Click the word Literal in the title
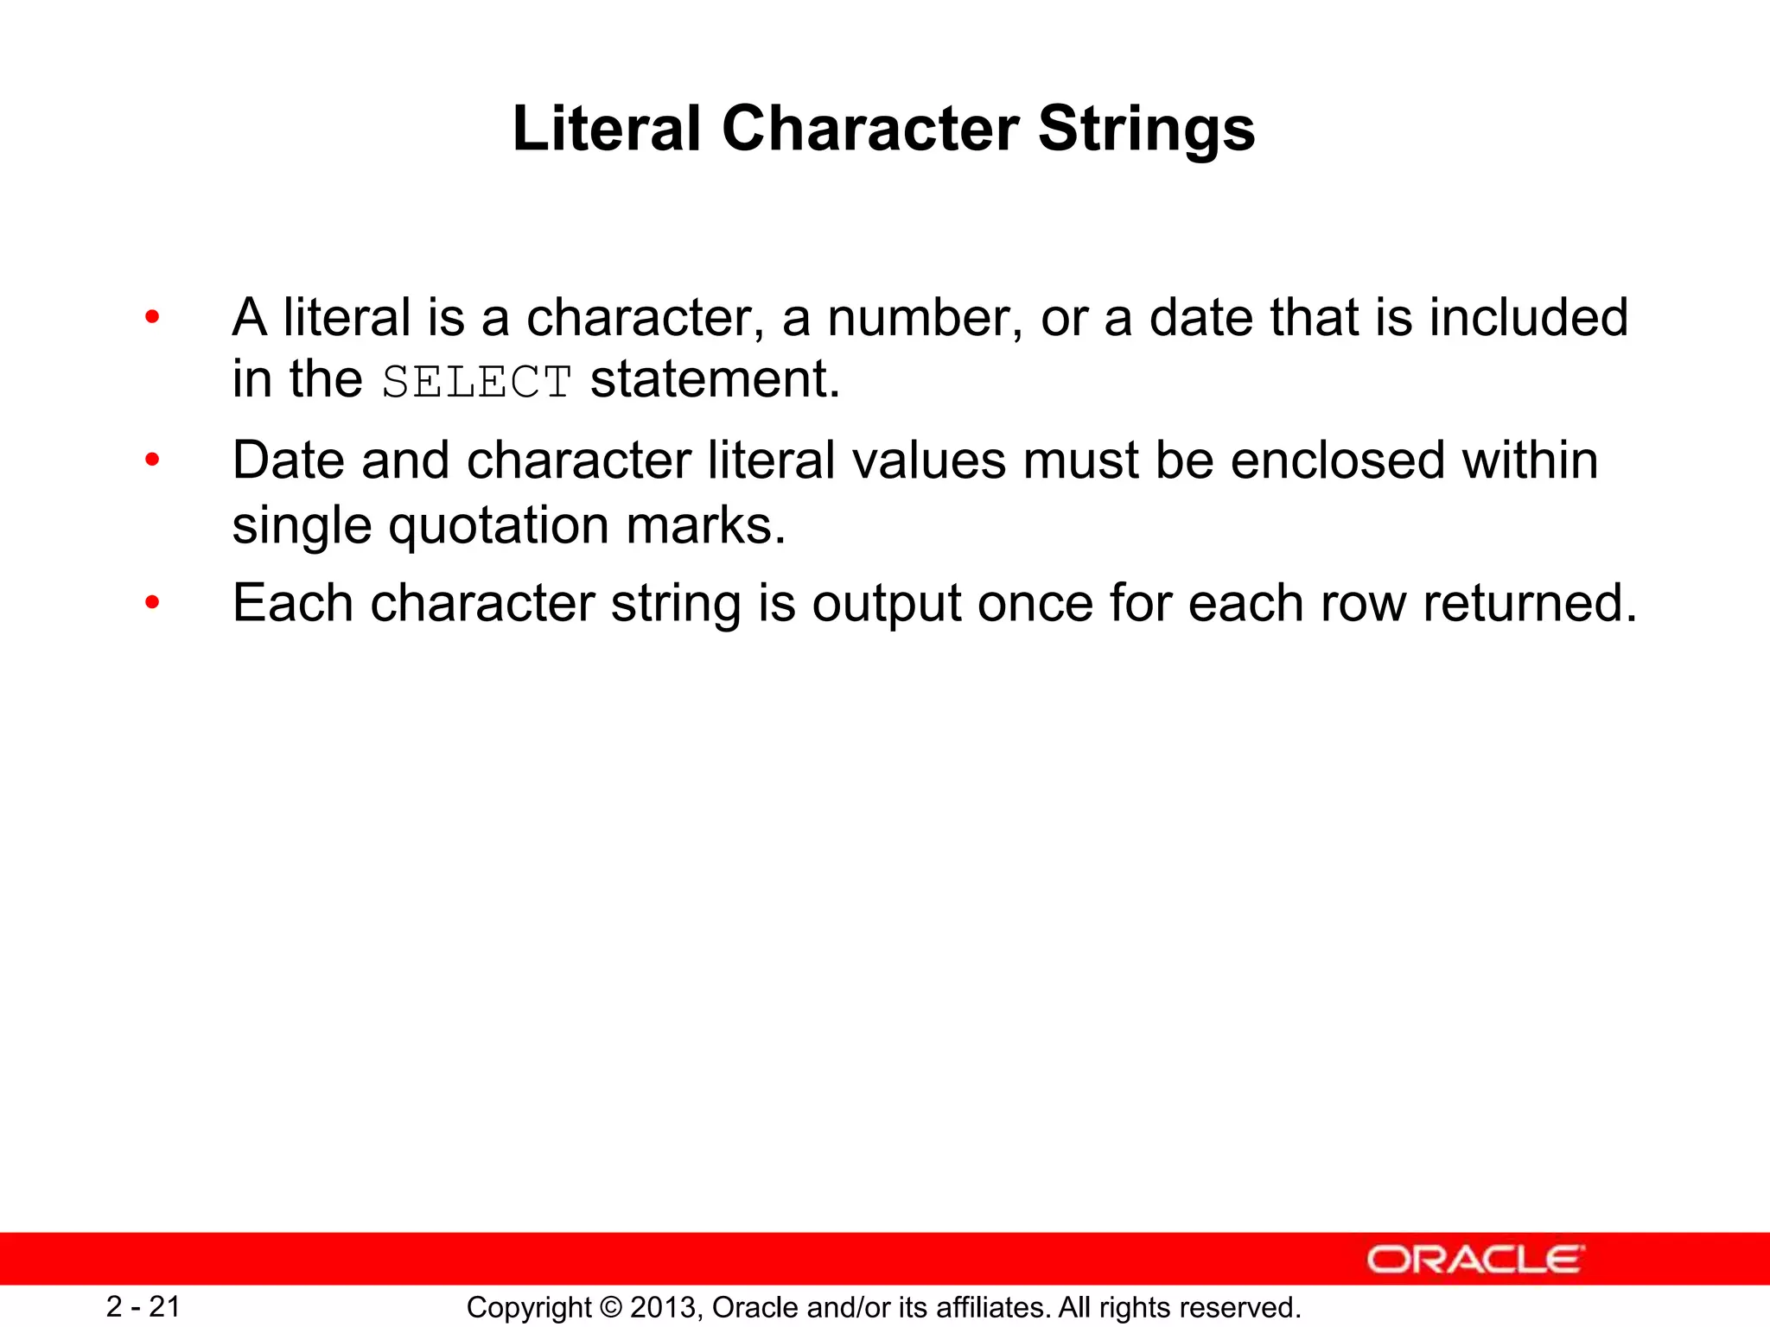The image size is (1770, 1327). pyautogui.click(x=606, y=130)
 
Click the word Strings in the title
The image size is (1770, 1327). pyautogui.click(x=1146, y=130)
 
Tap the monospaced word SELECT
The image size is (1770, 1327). pyautogui.click(x=476, y=382)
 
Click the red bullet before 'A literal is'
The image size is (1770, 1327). pyautogui.click(x=152, y=318)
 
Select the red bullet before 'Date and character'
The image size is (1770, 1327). pyautogui.click(x=152, y=460)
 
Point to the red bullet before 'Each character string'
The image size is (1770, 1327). pyautogui.click(x=152, y=603)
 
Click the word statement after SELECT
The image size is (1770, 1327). pyautogui.click(x=715, y=380)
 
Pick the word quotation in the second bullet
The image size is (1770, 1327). pyautogui.click(x=499, y=525)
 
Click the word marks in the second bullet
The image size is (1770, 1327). pyautogui.click(x=705, y=525)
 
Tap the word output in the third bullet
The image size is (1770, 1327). pyautogui.click(x=886, y=603)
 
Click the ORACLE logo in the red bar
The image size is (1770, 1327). pyautogui.click(x=1475, y=1260)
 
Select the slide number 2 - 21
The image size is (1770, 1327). pyautogui.click(x=143, y=1307)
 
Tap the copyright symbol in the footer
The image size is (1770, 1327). pyautogui.click(x=611, y=1308)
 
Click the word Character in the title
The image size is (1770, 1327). pyautogui.click(x=869, y=130)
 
